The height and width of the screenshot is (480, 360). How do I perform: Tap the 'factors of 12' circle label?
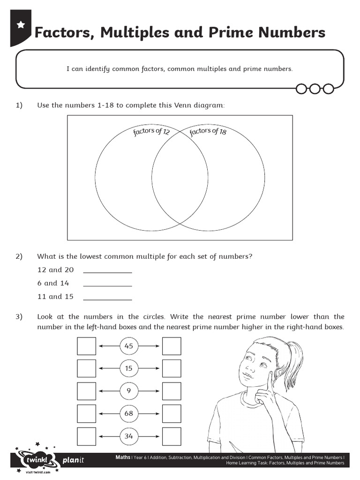tap(151, 132)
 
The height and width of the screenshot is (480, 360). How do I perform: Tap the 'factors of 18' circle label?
tap(208, 132)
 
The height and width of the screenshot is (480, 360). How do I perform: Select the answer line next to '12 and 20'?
tap(107, 271)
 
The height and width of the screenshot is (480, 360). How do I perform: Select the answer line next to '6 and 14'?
tap(107, 285)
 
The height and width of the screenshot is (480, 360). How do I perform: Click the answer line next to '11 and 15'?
tap(107, 299)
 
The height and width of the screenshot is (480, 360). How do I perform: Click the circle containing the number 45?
tap(129, 346)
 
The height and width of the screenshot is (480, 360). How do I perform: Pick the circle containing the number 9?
tap(129, 391)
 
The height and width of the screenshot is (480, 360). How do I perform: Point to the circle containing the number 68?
tap(129, 413)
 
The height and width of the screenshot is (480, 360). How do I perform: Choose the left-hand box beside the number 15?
tap(86, 369)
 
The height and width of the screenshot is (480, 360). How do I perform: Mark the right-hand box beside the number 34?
tap(172, 436)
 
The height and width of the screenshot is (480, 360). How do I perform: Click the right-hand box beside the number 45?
tap(172, 346)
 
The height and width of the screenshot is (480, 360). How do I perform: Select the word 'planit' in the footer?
tap(73, 460)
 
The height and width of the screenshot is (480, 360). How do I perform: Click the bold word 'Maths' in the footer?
tap(123, 457)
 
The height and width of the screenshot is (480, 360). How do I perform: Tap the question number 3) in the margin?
tap(19, 317)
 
